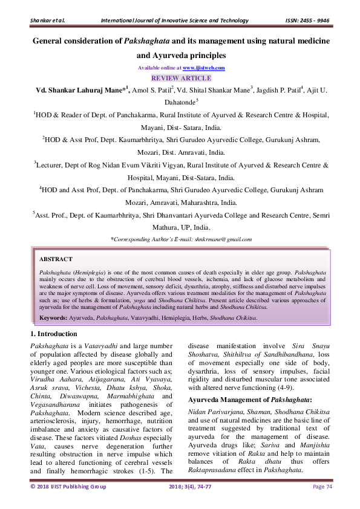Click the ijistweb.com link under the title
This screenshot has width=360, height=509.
pyautogui.click(x=203, y=68)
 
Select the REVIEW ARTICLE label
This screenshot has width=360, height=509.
pyautogui.click(x=180, y=78)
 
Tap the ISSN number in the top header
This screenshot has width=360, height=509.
pyautogui.click(x=307, y=21)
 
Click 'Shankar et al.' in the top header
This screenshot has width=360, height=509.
pyautogui.click(x=47, y=21)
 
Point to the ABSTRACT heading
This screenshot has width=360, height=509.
pyautogui.click(x=56, y=259)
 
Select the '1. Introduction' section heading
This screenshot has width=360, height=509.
pyautogui.click(x=53, y=334)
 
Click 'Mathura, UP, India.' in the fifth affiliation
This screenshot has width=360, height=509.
pyautogui.click(x=180, y=227)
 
